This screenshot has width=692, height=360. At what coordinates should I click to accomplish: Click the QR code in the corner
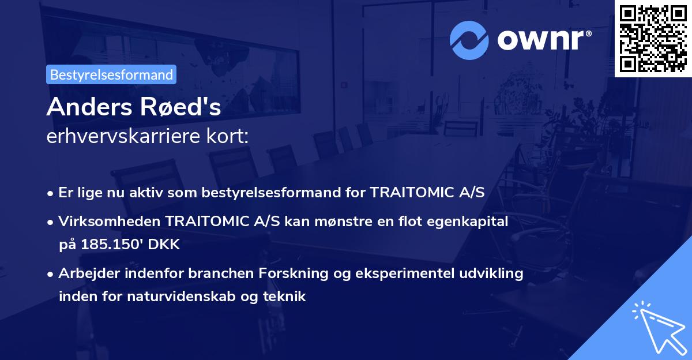point(653,38)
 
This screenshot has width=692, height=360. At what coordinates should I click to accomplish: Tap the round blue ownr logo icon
point(469,40)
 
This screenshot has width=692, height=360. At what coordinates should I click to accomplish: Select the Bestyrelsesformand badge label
point(111,74)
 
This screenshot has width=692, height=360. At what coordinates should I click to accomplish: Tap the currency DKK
point(165,244)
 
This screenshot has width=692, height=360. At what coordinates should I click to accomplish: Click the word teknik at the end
point(287,297)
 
